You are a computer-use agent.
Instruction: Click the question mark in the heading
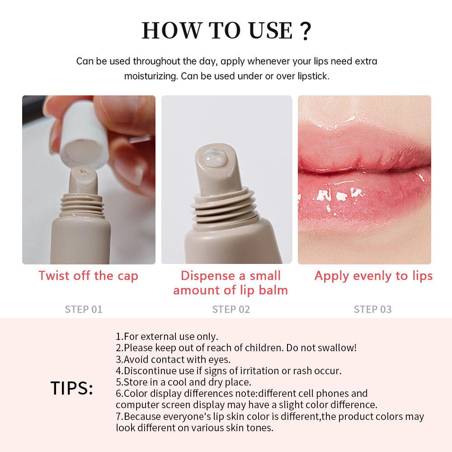(306, 31)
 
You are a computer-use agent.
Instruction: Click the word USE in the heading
(271, 30)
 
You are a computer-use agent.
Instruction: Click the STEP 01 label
(84, 309)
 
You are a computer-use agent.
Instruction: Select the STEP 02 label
(231, 309)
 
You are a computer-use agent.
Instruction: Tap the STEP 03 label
(372, 309)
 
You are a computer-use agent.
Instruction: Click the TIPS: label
(72, 388)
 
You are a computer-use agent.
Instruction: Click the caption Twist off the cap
(89, 276)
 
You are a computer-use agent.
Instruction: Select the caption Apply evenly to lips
(374, 276)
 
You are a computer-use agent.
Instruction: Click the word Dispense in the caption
(208, 276)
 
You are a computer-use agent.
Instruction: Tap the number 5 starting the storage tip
(118, 382)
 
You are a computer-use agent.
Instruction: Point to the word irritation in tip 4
(259, 371)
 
